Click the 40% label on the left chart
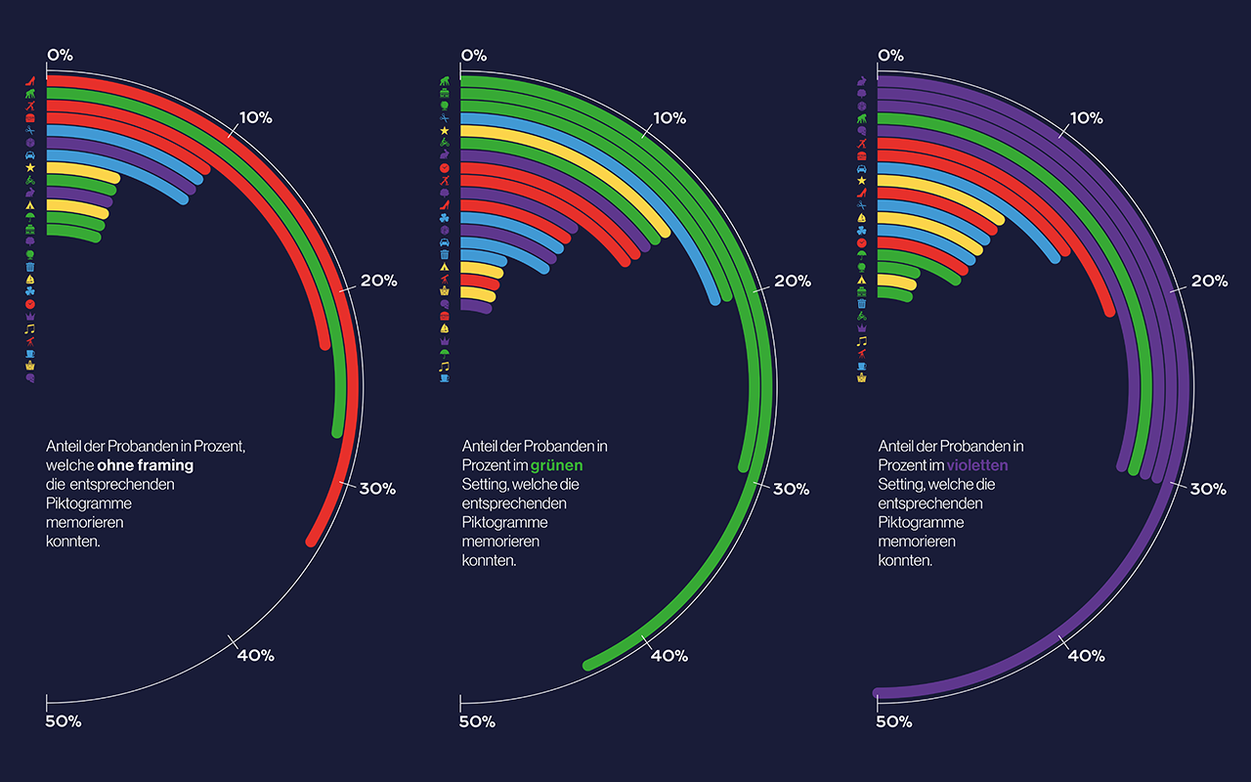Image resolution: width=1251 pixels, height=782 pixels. pos(256,655)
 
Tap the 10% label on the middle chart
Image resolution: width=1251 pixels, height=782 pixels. pos(669,118)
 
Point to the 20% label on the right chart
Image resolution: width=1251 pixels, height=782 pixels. pos(1210,281)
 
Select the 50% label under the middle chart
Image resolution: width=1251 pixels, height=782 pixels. pos(477,721)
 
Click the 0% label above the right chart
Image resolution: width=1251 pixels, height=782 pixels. pos(890,56)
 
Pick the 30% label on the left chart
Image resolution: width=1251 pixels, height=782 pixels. pos(377,489)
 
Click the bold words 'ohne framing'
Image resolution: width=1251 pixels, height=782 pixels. pos(146,465)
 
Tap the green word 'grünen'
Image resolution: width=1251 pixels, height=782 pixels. pos(556,465)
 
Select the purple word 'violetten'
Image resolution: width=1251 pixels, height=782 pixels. pos(977,465)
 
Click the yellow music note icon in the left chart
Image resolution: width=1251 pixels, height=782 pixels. pos(30,328)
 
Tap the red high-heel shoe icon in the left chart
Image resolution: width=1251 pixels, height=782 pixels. pos(30,81)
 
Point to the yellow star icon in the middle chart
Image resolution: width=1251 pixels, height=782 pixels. pos(445,131)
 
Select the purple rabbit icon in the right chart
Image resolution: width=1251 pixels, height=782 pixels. pos(862,81)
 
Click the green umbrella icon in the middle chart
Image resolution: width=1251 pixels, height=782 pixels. pos(445,353)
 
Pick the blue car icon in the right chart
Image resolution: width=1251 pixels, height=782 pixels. pos(862,168)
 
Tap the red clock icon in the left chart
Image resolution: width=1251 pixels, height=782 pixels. pos(30,304)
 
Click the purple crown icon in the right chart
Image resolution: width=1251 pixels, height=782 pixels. pos(862,328)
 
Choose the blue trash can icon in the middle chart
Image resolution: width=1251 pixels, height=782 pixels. pos(445,255)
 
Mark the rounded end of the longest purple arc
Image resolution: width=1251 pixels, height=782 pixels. pos(878,693)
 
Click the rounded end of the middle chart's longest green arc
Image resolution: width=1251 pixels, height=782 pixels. pos(588,666)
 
